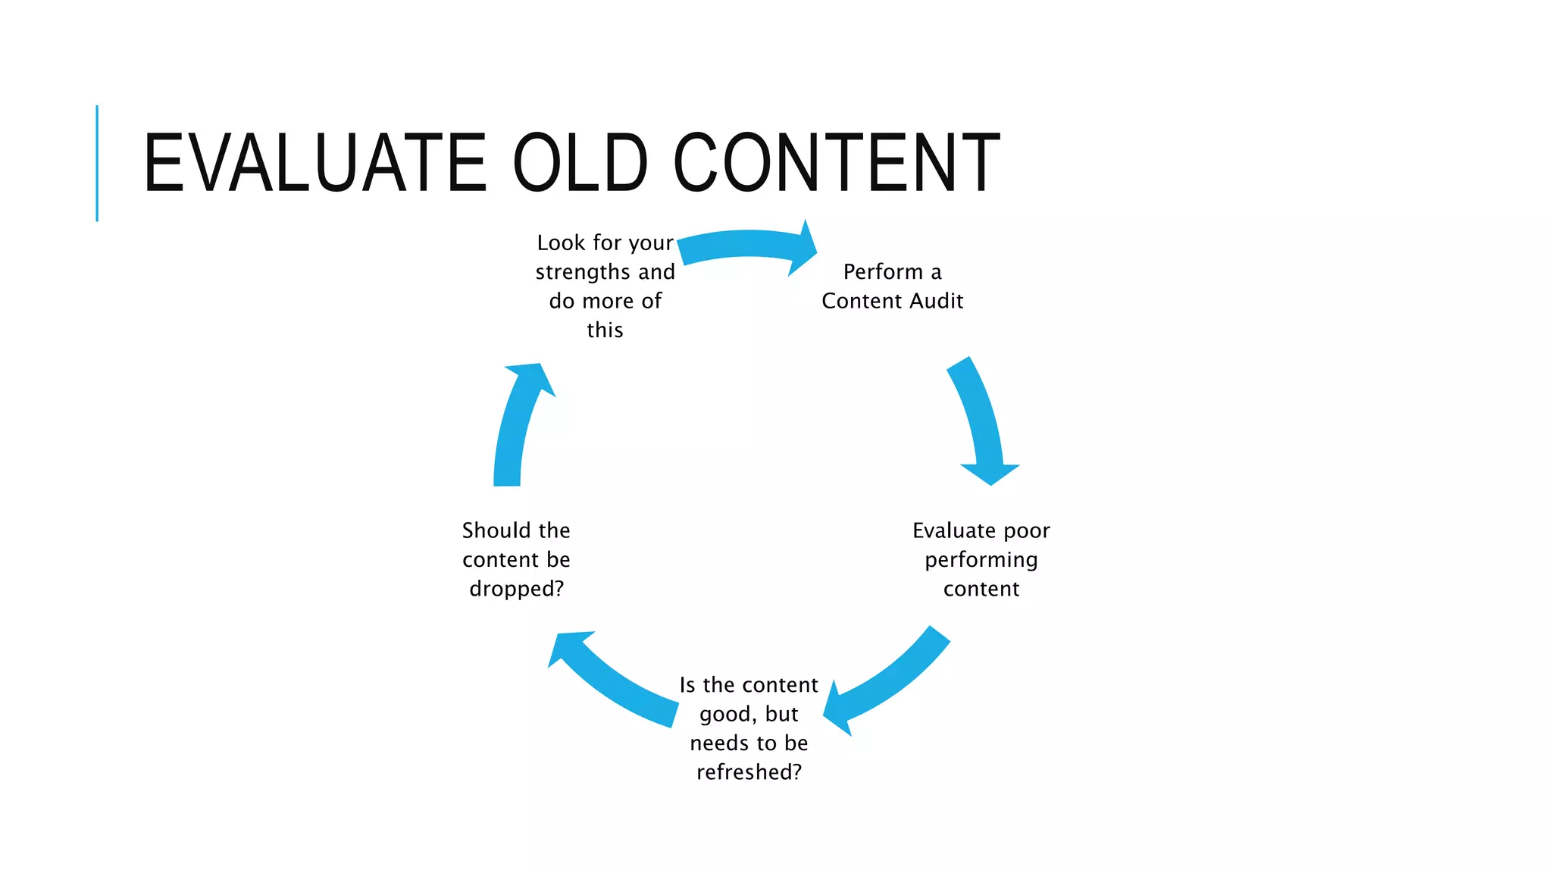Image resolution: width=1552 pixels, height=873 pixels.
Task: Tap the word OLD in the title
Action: [x=580, y=162]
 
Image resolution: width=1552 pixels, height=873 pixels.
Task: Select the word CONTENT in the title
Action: [x=837, y=162]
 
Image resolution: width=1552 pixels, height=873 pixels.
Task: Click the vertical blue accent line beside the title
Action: [x=97, y=163]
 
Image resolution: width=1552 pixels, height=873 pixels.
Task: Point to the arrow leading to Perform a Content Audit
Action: [x=746, y=247]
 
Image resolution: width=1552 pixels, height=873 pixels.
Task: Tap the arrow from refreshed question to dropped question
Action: [x=614, y=678]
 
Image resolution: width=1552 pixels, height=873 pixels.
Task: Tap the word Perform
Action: [x=883, y=271]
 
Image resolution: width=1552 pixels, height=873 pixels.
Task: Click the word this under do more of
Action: [x=605, y=330]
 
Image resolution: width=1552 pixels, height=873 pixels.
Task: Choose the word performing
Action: [x=981, y=560]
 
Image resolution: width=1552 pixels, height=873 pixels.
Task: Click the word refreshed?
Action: [x=749, y=772]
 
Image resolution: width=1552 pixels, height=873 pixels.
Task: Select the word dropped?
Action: [x=517, y=589]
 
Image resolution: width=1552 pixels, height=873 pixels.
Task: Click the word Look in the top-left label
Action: [x=562, y=242]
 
